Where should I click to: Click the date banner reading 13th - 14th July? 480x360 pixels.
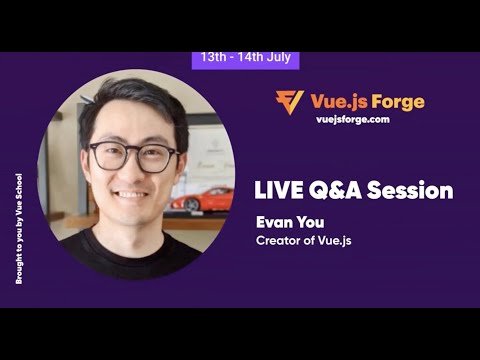(245, 57)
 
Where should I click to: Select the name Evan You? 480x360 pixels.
(287, 222)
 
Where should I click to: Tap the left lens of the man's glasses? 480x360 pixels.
(108, 155)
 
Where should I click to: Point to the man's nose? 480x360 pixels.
(133, 170)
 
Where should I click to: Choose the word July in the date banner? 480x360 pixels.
(274, 57)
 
